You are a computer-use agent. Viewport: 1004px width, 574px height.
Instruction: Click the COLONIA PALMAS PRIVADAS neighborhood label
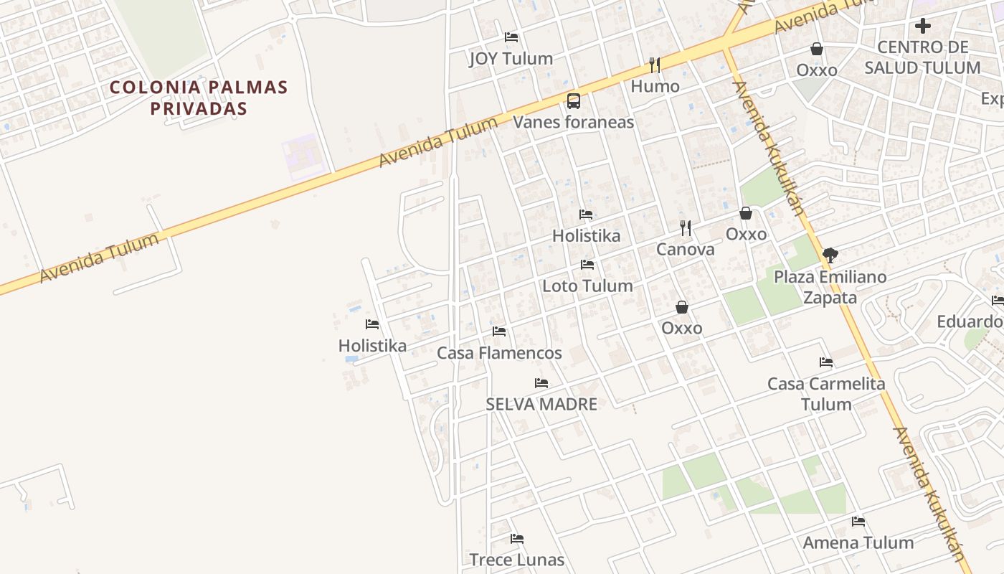pyautogui.click(x=199, y=98)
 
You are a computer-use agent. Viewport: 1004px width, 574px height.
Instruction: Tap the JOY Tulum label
pyautogui.click(x=511, y=59)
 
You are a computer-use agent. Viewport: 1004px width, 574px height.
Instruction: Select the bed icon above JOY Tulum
pyautogui.click(x=511, y=37)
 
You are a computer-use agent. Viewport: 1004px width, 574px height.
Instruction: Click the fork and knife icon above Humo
pyautogui.click(x=655, y=65)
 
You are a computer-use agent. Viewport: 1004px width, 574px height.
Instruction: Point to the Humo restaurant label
pyautogui.click(x=655, y=86)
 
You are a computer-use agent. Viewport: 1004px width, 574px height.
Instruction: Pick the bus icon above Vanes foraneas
pyautogui.click(x=573, y=100)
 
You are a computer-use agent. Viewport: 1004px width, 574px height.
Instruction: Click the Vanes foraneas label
pyautogui.click(x=573, y=122)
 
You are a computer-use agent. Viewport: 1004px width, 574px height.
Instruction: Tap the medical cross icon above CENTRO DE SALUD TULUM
pyautogui.click(x=922, y=26)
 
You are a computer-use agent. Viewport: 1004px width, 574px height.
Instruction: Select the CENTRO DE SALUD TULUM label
pyautogui.click(x=922, y=57)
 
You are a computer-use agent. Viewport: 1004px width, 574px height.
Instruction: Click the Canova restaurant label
pyautogui.click(x=685, y=250)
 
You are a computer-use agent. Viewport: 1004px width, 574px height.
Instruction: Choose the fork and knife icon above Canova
pyautogui.click(x=686, y=228)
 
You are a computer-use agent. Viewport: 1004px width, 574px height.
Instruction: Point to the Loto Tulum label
pyautogui.click(x=587, y=286)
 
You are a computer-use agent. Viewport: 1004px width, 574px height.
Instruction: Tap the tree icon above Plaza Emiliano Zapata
pyautogui.click(x=830, y=255)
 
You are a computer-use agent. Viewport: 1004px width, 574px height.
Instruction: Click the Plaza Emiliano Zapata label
pyautogui.click(x=830, y=287)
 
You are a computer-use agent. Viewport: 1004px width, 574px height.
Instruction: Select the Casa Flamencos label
pyautogui.click(x=499, y=353)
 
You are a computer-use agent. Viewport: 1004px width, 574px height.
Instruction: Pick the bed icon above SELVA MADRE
pyautogui.click(x=541, y=383)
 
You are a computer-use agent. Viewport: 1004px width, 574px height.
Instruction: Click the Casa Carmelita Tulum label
pyautogui.click(x=826, y=394)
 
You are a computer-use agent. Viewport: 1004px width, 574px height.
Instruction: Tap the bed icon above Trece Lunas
pyautogui.click(x=517, y=538)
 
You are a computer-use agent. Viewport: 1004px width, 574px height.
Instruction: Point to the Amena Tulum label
pyautogui.click(x=858, y=542)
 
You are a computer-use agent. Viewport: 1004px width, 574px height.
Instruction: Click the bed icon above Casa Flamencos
pyautogui.click(x=499, y=331)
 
